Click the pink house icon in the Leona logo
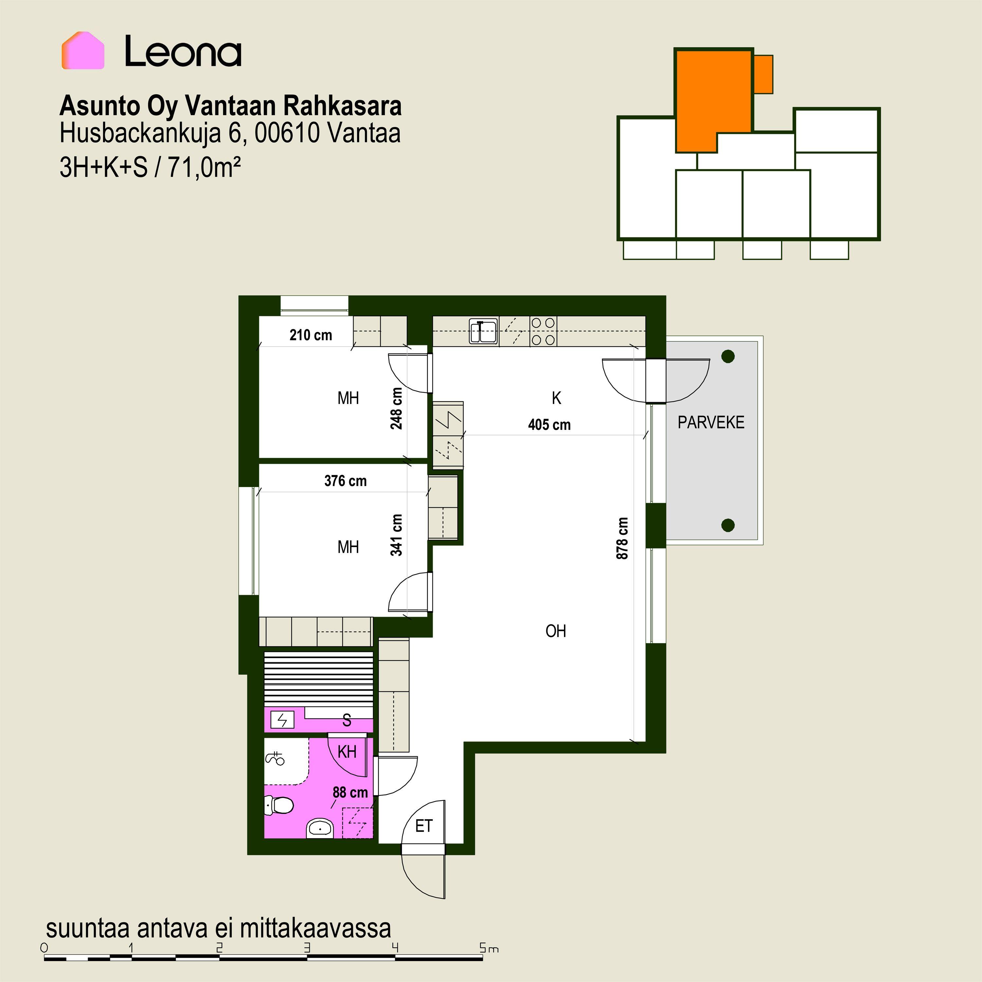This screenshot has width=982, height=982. click(x=83, y=50)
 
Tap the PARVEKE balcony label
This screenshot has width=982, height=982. click(x=711, y=422)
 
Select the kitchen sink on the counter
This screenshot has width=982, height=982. click(x=483, y=331)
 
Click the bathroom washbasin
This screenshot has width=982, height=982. click(x=320, y=828)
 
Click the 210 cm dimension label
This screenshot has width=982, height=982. click(x=311, y=335)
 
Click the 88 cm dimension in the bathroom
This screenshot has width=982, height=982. click(x=350, y=792)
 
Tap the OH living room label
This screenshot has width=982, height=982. click(x=555, y=631)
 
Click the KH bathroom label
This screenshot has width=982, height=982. click(x=347, y=752)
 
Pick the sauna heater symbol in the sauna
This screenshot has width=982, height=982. click(x=282, y=720)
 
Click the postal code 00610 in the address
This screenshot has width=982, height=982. click(x=287, y=133)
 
